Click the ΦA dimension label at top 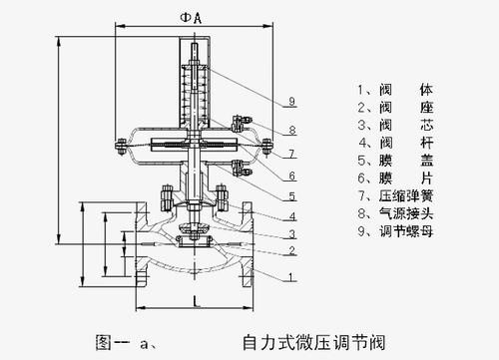191,18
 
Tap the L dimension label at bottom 197,301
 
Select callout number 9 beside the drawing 291,101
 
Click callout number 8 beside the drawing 292,130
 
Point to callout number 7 291,154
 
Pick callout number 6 291,176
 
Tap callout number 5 291,196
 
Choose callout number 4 292,216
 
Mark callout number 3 291,234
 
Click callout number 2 291,250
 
